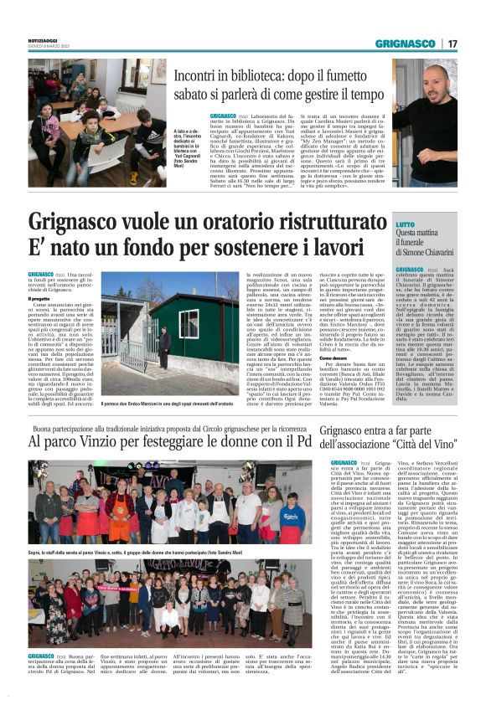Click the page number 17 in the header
(452, 43)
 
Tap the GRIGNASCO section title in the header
(406, 43)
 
